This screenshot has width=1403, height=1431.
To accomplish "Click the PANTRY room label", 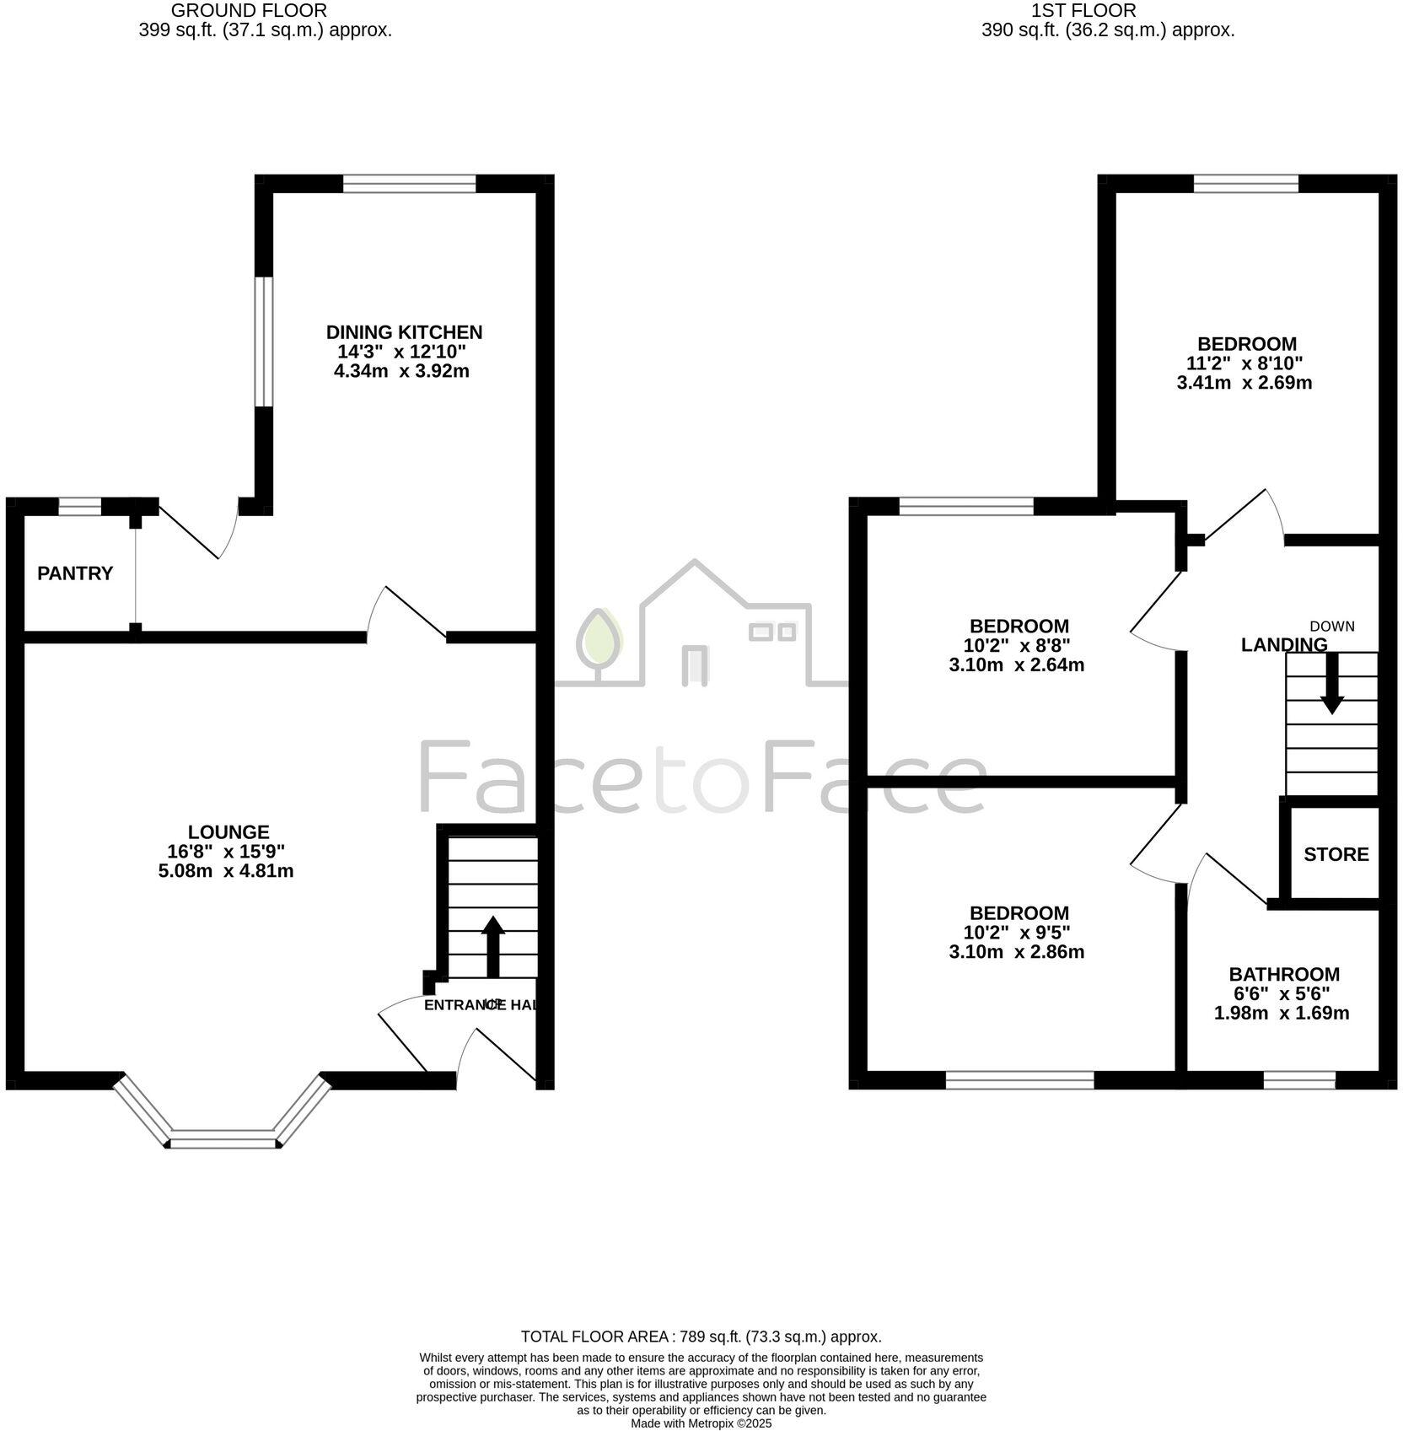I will click(x=75, y=573).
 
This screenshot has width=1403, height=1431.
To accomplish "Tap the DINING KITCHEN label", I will click(x=404, y=332).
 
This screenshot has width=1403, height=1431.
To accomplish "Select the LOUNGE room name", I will click(x=228, y=832).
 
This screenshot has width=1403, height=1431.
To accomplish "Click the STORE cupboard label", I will click(x=1336, y=854).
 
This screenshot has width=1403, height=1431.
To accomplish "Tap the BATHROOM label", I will click(x=1283, y=974).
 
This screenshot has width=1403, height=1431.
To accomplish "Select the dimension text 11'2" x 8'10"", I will click(x=1245, y=363).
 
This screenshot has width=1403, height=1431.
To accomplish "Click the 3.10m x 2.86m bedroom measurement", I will click(x=1016, y=952).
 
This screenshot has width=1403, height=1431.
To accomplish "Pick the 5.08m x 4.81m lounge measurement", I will click(x=226, y=871).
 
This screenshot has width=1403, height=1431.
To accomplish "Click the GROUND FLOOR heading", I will click(x=249, y=11).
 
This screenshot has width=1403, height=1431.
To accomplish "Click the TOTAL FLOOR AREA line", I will click(x=701, y=1337).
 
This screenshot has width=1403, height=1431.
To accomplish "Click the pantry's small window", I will click(x=79, y=506).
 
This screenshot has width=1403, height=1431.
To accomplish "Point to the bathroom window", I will click(x=1299, y=1080).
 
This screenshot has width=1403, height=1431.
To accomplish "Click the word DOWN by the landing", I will click(x=1331, y=627).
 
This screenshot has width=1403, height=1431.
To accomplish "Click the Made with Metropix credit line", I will click(x=701, y=1423).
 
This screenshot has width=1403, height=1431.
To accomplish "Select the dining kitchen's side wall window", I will click(x=264, y=342).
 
